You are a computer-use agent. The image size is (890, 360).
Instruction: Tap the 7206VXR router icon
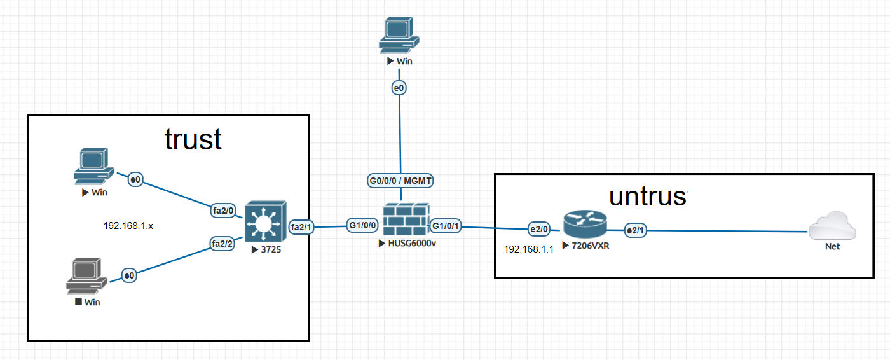pyautogui.click(x=584, y=223)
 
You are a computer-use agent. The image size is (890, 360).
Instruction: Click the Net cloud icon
pyautogui.click(x=832, y=227)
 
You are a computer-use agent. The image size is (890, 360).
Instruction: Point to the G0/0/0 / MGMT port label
pyautogui.click(x=400, y=181)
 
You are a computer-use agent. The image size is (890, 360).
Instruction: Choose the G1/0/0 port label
pyautogui.click(x=364, y=225)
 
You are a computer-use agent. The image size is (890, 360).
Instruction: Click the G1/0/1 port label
pyautogui.click(x=446, y=225)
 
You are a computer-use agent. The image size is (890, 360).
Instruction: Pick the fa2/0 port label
pyautogui.click(x=224, y=211)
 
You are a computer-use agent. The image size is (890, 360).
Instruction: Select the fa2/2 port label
pyautogui.click(x=223, y=242)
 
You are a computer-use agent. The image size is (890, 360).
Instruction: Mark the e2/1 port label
pyautogui.click(x=635, y=230)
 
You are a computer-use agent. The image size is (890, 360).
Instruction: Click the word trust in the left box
pyautogui.click(x=193, y=139)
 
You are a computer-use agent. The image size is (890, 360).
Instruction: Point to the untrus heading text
pyautogui.click(x=648, y=197)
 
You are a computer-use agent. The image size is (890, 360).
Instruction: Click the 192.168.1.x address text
pyautogui.click(x=128, y=225)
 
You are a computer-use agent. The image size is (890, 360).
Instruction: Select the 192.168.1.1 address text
pyautogui.click(x=529, y=249)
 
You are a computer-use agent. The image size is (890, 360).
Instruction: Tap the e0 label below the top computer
pyautogui.click(x=399, y=88)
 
